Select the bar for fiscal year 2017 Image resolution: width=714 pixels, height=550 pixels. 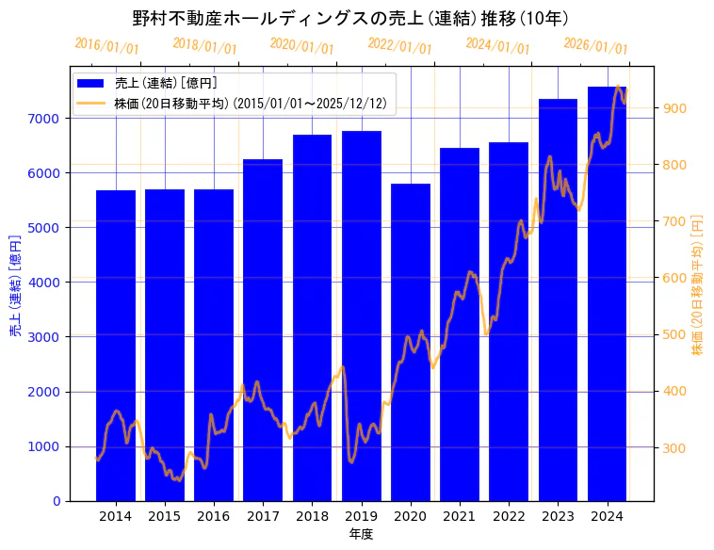pyautogui.click(x=263, y=330)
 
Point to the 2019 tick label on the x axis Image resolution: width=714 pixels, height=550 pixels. pyautogui.click(x=362, y=516)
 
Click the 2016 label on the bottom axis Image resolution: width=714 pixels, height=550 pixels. pyautogui.click(x=214, y=516)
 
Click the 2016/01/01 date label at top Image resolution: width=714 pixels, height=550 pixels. pyautogui.click(x=106, y=46)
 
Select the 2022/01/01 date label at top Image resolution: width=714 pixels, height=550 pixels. pyautogui.click(x=399, y=46)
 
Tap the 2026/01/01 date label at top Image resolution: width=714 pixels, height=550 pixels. pyautogui.click(x=595, y=46)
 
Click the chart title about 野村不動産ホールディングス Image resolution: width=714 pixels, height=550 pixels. pyautogui.click(x=350, y=18)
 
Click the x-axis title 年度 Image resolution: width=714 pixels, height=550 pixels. pyautogui.click(x=361, y=534)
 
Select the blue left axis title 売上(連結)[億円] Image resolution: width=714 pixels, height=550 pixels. pyautogui.click(x=15, y=283)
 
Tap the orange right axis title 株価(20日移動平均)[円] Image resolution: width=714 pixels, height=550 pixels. pyautogui.click(x=698, y=283)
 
